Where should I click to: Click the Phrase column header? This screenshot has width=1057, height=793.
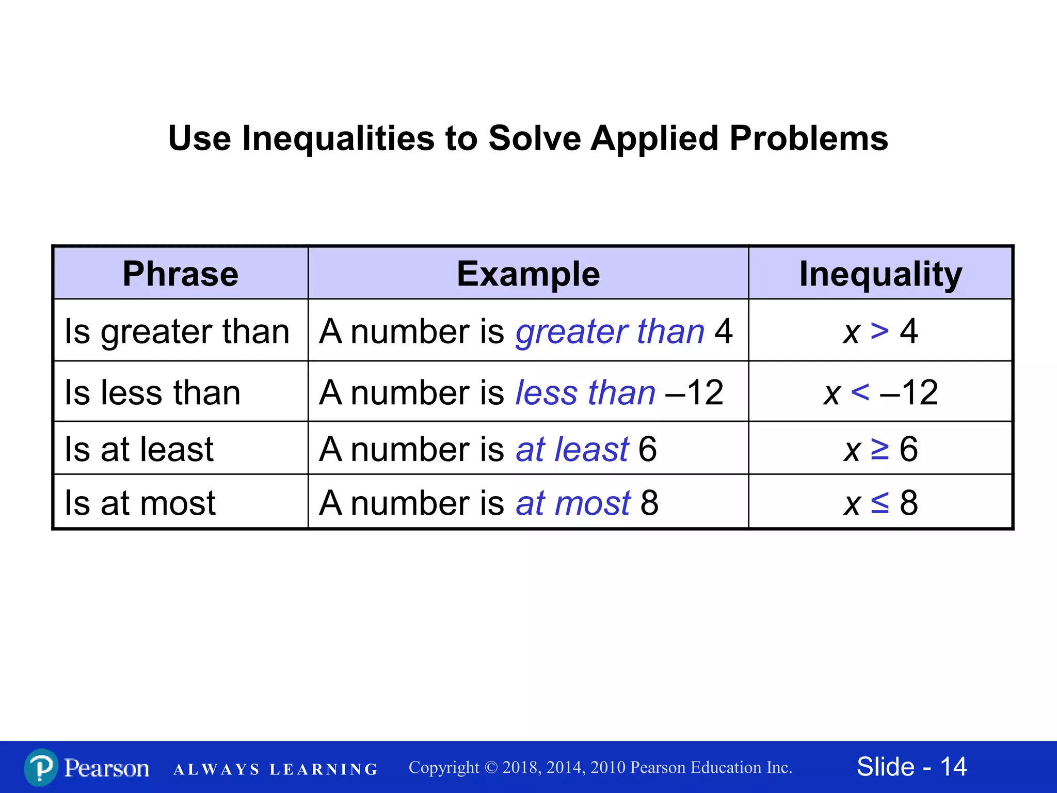[180, 274]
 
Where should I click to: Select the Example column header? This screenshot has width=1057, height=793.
[528, 274]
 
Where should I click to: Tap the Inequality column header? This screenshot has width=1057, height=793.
[880, 274]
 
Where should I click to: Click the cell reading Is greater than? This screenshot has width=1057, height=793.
[177, 331]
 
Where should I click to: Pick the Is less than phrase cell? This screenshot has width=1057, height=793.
[153, 392]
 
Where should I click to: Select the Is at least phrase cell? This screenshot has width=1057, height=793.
[139, 449]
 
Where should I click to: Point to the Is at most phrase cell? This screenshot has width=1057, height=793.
[140, 502]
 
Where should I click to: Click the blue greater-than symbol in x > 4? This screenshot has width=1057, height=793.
[879, 331]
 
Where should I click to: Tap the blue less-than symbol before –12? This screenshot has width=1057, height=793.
[860, 392]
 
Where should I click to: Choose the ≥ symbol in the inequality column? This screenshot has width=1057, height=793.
[879, 449]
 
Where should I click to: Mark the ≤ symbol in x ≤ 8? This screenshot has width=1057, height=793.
[879, 502]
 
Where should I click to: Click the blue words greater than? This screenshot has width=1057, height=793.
[610, 331]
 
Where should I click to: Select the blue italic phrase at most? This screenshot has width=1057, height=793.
[573, 502]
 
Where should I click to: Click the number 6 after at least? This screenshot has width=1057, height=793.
[648, 449]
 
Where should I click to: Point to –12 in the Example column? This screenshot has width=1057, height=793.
[695, 392]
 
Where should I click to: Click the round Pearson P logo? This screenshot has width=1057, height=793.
[41, 768]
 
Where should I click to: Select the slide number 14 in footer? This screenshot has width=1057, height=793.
[953, 767]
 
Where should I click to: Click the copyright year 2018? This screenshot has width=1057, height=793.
[521, 768]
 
